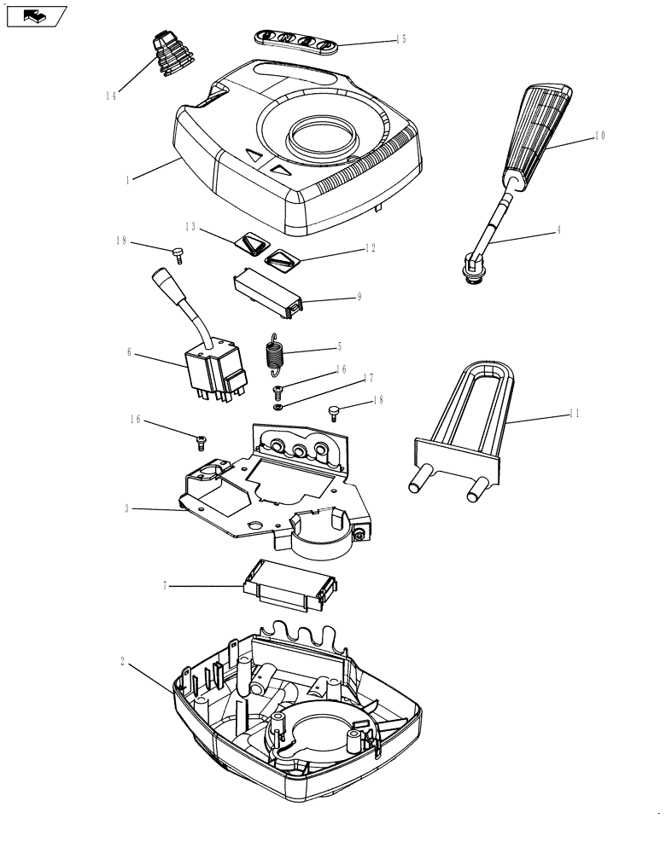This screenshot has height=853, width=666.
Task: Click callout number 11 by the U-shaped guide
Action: tap(575, 414)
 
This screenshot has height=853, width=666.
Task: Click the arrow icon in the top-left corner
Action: tap(35, 15)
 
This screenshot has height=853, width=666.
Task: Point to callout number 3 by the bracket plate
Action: tap(126, 508)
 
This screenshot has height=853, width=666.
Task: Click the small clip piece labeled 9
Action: tap(267, 290)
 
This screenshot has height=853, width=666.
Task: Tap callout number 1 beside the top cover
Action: tap(127, 180)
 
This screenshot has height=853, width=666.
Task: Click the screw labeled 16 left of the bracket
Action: tap(202, 440)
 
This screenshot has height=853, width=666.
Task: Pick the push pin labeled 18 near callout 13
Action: tap(178, 252)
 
